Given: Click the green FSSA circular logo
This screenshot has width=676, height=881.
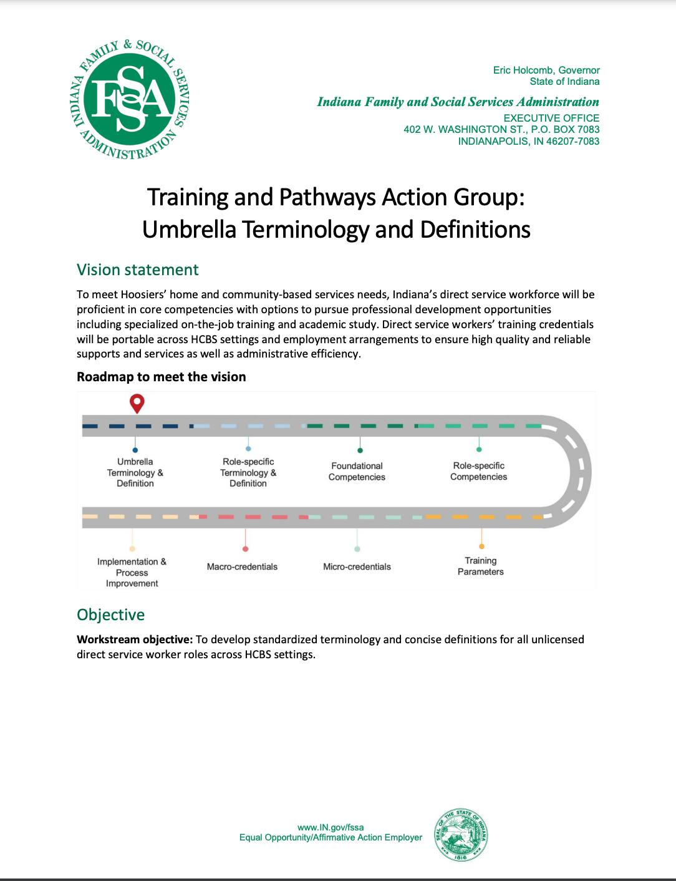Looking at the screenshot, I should (130, 99).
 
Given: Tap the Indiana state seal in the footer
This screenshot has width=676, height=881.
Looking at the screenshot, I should (461, 835).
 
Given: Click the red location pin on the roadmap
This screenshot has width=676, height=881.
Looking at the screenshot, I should (137, 403).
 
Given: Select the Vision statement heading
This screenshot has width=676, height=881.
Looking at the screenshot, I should (137, 270).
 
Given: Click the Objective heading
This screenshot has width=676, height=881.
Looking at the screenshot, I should (110, 615).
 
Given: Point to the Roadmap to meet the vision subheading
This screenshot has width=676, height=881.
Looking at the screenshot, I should (161, 377).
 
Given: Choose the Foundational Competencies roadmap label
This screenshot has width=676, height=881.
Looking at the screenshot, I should (357, 472).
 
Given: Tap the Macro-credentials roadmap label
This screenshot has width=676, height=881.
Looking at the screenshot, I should (242, 567).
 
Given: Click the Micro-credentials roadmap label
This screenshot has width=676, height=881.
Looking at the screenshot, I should (357, 567).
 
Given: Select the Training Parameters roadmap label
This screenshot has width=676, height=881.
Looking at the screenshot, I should (480, 566).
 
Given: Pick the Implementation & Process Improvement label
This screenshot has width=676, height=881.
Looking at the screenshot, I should (132, 573).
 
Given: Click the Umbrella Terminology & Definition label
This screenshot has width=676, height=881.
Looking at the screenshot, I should (135, 472).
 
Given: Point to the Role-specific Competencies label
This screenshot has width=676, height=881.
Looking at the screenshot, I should (478, 471).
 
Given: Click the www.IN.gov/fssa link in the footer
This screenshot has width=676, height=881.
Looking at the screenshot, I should (331, 827).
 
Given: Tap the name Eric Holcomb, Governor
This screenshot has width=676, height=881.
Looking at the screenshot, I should (546, 70).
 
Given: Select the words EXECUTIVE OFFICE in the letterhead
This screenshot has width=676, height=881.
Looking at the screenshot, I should (551, 118).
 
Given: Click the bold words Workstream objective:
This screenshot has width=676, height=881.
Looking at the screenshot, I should (134, 640).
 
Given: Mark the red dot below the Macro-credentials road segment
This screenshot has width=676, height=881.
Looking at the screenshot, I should (245, 549).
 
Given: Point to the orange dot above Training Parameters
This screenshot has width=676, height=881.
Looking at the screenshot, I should (481, 547).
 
